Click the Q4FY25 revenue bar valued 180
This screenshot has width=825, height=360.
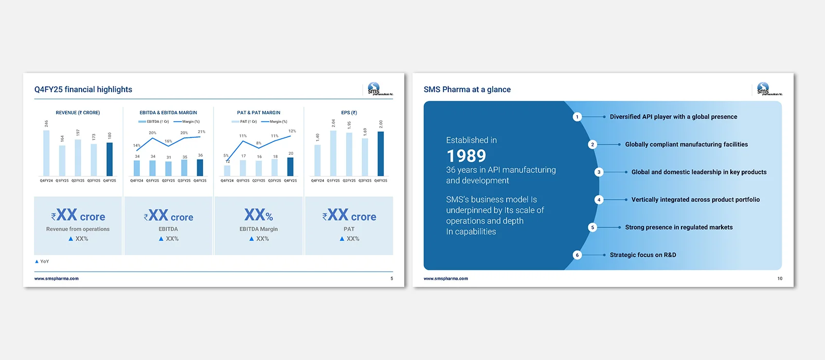click(110, 159)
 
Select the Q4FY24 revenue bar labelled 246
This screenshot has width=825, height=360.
click(46, 153)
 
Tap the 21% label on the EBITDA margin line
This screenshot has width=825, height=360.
click(202, 132)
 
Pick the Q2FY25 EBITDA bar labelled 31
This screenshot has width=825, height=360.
click(169, 169)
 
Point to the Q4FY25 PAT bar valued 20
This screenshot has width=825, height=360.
click(291, 167)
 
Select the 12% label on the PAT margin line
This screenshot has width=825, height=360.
click(292, 131)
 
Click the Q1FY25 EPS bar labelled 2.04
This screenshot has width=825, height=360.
click(333, 153)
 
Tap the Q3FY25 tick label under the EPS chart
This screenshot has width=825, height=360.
click(365, 181)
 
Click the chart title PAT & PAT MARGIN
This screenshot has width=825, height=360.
click(259, 113)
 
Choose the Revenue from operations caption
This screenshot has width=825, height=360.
click(78, 229)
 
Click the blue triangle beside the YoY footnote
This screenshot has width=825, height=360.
click(37, 261)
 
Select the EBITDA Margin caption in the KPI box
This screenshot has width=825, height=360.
click(259, 229)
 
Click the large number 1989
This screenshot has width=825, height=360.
click(466, 156)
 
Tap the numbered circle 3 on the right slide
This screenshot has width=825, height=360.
click(599, 172)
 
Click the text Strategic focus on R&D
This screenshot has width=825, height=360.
click(643, 255)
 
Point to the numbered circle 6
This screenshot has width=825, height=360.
click(577, 255)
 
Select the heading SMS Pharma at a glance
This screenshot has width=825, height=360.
click(467, 89)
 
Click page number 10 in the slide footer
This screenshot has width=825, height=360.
click(780, 279)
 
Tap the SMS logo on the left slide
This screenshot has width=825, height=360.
click(374, 88)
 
